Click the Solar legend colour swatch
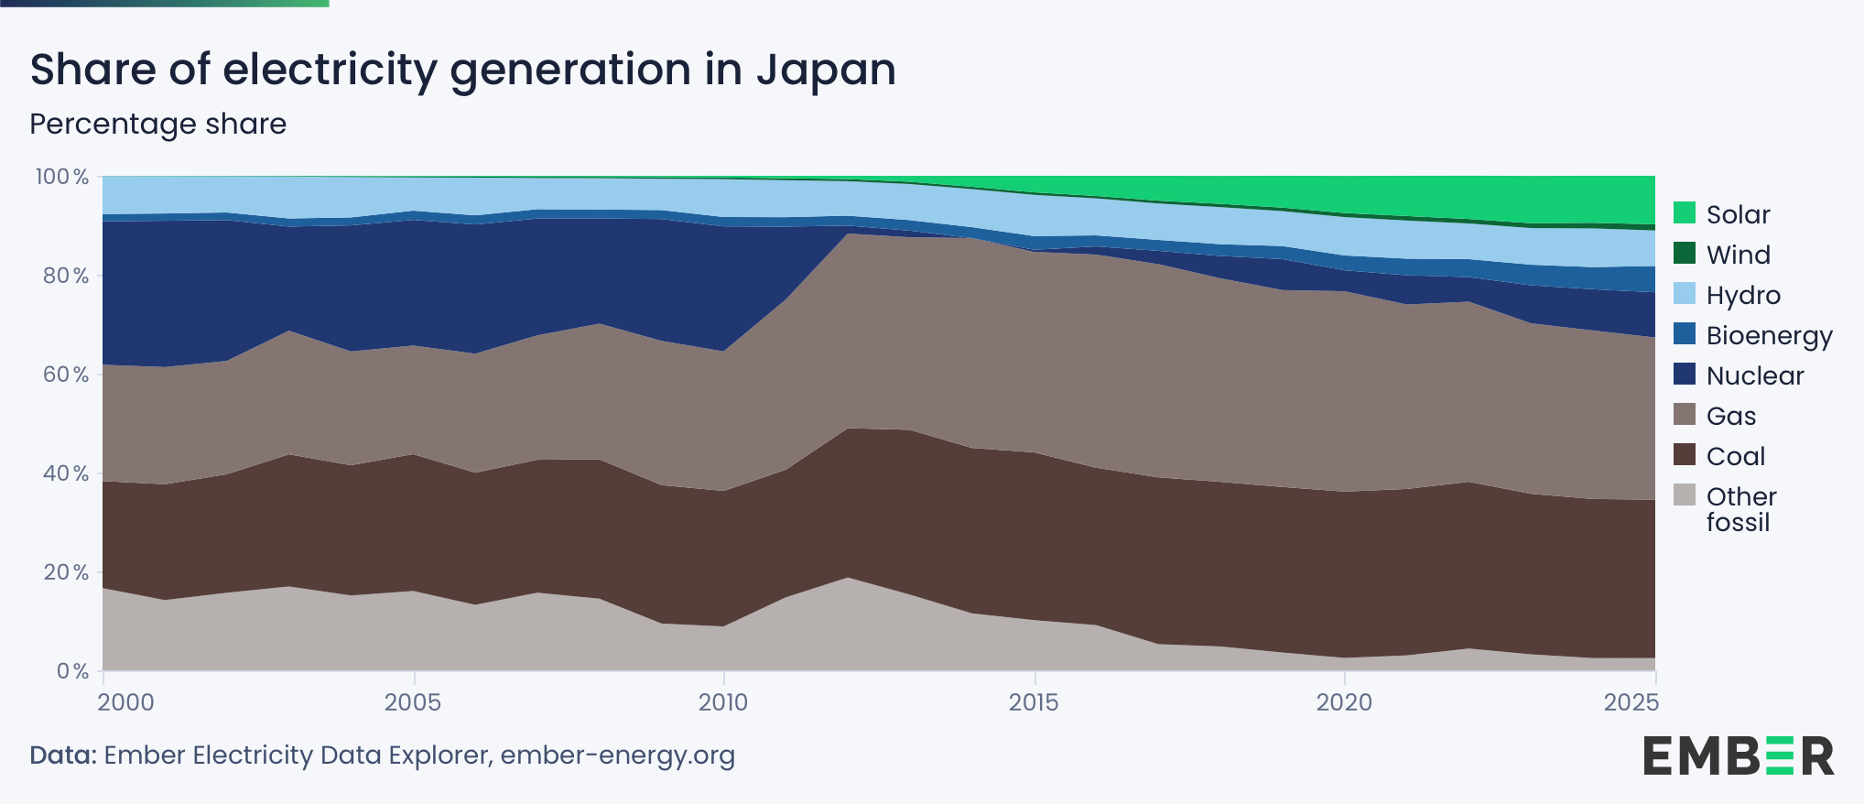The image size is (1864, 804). [1685, 212]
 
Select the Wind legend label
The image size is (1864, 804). [1738, 255]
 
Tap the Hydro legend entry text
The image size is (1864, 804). [1743, 295]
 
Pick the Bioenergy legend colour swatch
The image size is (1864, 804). [1685, 333]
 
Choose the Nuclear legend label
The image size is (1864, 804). [1754, 375]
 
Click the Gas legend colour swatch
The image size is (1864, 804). [1685, 414]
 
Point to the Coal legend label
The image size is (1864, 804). [1735, 456]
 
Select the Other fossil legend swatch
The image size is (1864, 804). [1685, 494]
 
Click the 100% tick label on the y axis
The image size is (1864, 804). [62, 177]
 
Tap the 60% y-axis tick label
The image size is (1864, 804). [66, 375]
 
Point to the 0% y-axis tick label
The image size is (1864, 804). [72, 671]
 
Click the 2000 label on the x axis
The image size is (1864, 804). [126, 702]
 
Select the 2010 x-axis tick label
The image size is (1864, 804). [723, 702]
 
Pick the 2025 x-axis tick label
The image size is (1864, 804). [1631, 702]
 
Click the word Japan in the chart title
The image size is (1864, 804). [826, 70]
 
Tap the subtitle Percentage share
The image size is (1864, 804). [158, 124]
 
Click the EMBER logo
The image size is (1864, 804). [1738, 755]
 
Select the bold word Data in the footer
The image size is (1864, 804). [62, 755]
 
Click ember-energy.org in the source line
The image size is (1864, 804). [618, 755]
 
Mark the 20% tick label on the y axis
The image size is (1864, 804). [66, 572]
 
